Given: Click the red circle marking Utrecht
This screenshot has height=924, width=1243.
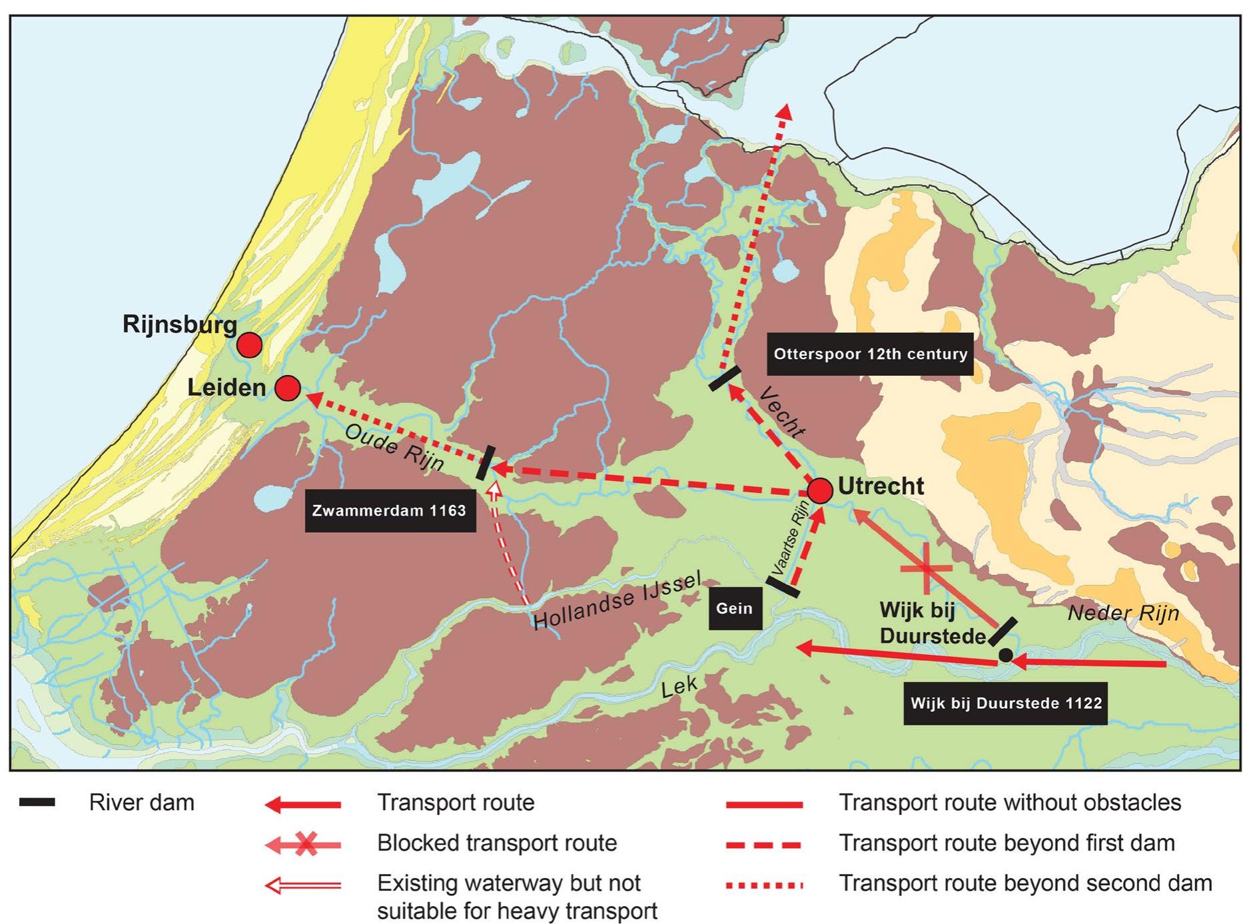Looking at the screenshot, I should point(819,490).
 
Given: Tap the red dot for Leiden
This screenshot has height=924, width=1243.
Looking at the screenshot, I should point(287,388).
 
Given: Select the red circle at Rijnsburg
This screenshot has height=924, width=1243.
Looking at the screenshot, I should point(249,345).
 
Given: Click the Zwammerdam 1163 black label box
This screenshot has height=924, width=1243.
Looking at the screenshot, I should point(390,511).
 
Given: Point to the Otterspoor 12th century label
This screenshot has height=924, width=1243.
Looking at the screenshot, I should point(870,354).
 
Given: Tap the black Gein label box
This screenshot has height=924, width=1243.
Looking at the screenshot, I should point(734,608).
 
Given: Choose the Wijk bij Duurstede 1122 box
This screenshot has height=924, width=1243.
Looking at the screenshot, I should point(1005,703).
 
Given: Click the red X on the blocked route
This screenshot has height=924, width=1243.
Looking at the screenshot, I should point(926,568).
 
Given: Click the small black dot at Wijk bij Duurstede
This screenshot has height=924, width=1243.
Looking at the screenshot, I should point(1005,656).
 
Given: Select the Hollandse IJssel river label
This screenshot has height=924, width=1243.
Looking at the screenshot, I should point(618,601).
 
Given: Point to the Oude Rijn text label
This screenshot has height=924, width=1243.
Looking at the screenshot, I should point(394,447).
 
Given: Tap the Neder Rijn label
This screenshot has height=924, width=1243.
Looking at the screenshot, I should point(1123,613).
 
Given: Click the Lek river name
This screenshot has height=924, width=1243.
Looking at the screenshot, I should point(679,686).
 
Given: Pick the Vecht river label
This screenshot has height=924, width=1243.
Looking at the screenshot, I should point(781,412).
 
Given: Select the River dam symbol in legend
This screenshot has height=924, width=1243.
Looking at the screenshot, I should point(37,802).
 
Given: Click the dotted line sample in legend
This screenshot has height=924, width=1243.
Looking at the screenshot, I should point(764,885).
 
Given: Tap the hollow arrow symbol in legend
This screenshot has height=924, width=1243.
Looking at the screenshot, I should point(303,885).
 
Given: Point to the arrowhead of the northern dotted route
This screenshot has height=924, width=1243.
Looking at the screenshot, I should point(786,111).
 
